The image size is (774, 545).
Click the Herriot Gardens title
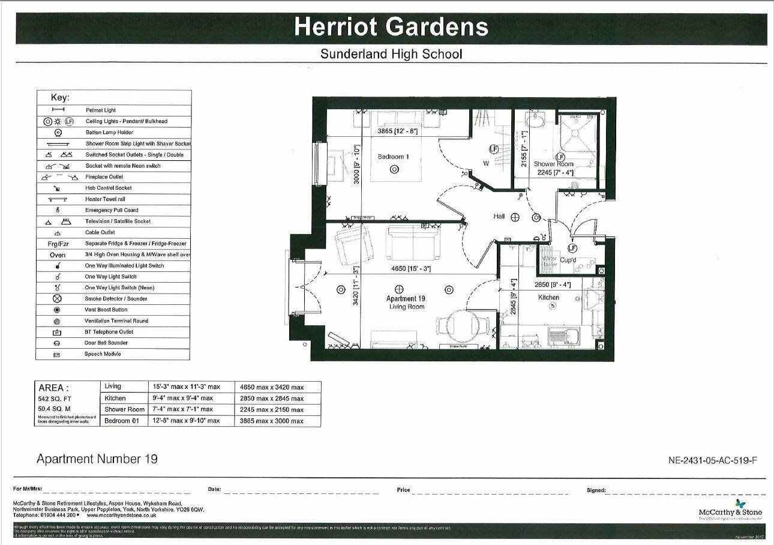(x=391, y=27)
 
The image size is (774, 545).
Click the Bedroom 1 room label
(x=391, y=157)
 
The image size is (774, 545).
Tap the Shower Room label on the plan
(x=553, y=164)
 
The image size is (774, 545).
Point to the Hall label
(x=499, y=217)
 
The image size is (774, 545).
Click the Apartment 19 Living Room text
(x=405, y=303)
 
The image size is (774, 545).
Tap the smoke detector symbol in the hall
(x=515, y=217)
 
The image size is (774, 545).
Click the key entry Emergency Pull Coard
(x=112, y=210)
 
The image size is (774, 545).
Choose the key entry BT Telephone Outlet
(x=109, y=332)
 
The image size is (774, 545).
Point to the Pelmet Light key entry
(x=101, y=110)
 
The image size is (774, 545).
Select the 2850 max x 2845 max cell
(x=272, y=399)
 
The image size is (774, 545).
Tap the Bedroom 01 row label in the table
(x=122, y=421)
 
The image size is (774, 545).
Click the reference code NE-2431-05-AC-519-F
(x=712, y=460)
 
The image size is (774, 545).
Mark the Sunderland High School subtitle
(x=391, y=54)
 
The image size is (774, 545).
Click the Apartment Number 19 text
(x=97, y=459)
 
